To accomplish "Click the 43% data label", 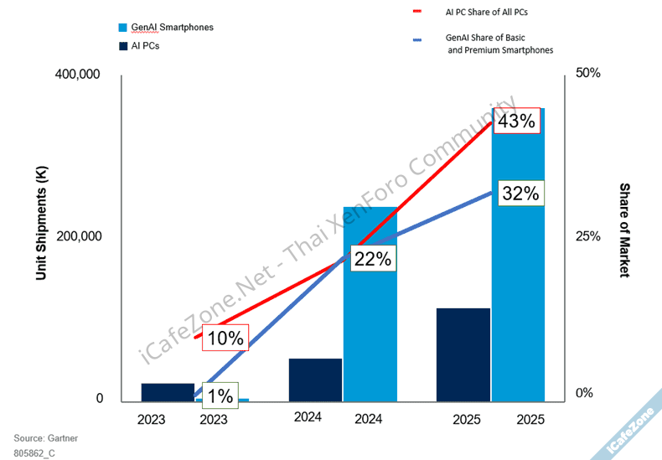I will point(516,121).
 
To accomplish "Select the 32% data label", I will point(520,194).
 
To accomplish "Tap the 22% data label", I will point(372,259).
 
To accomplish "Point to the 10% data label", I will point(225,339).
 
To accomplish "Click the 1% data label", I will point(220,395).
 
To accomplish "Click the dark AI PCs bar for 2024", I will point(315,380).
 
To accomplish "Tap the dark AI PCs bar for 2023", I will point(168,392).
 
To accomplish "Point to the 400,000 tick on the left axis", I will point(77,75).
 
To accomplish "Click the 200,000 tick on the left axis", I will point(77,237).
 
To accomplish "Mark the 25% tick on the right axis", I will point(588,237).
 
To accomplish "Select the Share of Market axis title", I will point(624,230).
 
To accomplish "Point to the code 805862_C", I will point(34,452).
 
